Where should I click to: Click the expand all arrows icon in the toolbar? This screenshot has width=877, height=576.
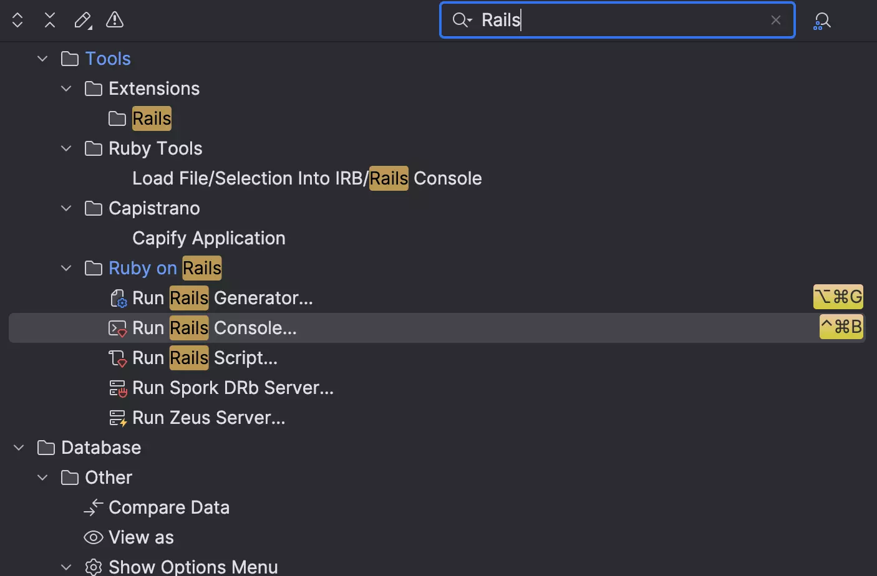(17, 20)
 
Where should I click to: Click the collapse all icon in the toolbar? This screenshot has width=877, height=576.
(50, 20)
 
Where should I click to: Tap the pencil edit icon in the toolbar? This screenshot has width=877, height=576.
(83, 21)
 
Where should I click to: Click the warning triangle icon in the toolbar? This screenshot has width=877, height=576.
(115, 19)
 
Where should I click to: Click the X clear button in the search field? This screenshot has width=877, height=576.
(775, 20)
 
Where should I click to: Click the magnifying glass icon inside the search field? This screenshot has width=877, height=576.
(462, 20)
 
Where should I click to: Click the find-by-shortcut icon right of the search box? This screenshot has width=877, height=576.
(821, 21)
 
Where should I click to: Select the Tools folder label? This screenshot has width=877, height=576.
(108, 59)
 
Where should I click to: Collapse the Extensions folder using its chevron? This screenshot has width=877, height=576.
(66, 89)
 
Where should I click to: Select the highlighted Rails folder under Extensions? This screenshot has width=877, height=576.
(152, 118)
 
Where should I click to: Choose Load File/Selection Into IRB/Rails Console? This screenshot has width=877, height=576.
(307, 178)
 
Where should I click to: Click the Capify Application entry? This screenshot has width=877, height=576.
(209, 238)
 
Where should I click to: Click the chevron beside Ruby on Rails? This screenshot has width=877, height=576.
(66, 268)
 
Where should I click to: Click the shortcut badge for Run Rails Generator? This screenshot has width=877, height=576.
(838, 297)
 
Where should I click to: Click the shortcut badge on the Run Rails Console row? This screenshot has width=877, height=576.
(841, 327)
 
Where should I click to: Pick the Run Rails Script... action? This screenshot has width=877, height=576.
(205, 358)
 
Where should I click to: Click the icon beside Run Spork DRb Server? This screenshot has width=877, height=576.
(117, 388)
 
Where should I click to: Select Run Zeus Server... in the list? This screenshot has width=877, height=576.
(209, 418)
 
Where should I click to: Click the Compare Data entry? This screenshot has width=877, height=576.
(169, 507)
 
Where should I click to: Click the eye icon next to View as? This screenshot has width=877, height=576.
(94, 537)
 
